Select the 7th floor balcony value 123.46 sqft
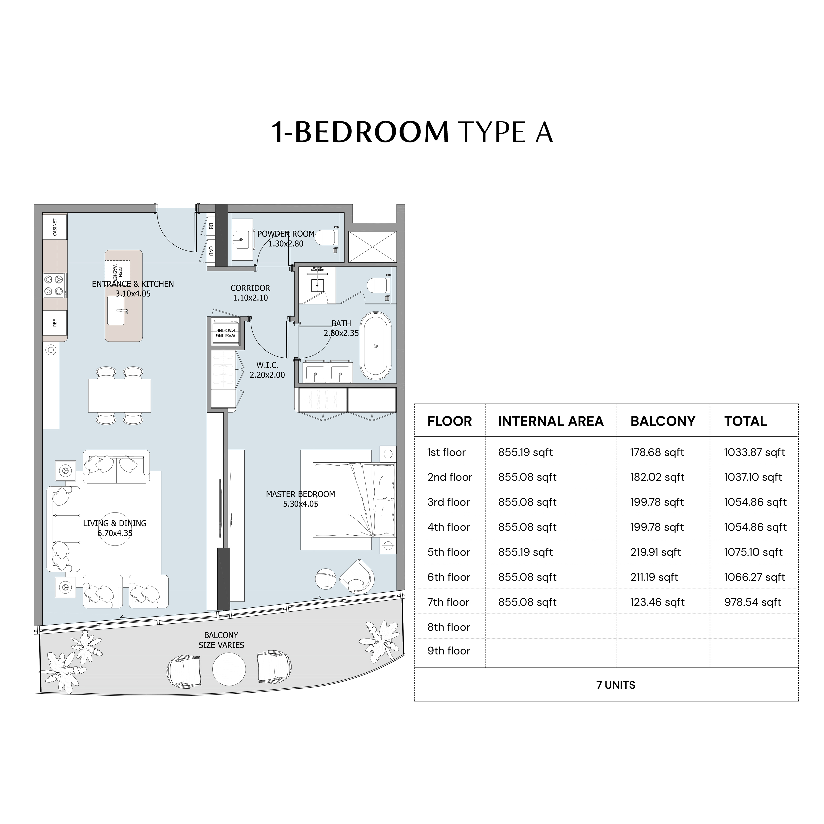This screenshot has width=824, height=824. (x=657, y=602)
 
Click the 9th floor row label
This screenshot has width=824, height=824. (x=449, y=651)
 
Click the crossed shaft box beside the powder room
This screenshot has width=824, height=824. (x=373, y=247)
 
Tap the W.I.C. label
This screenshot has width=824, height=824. (x=267, y=365)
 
